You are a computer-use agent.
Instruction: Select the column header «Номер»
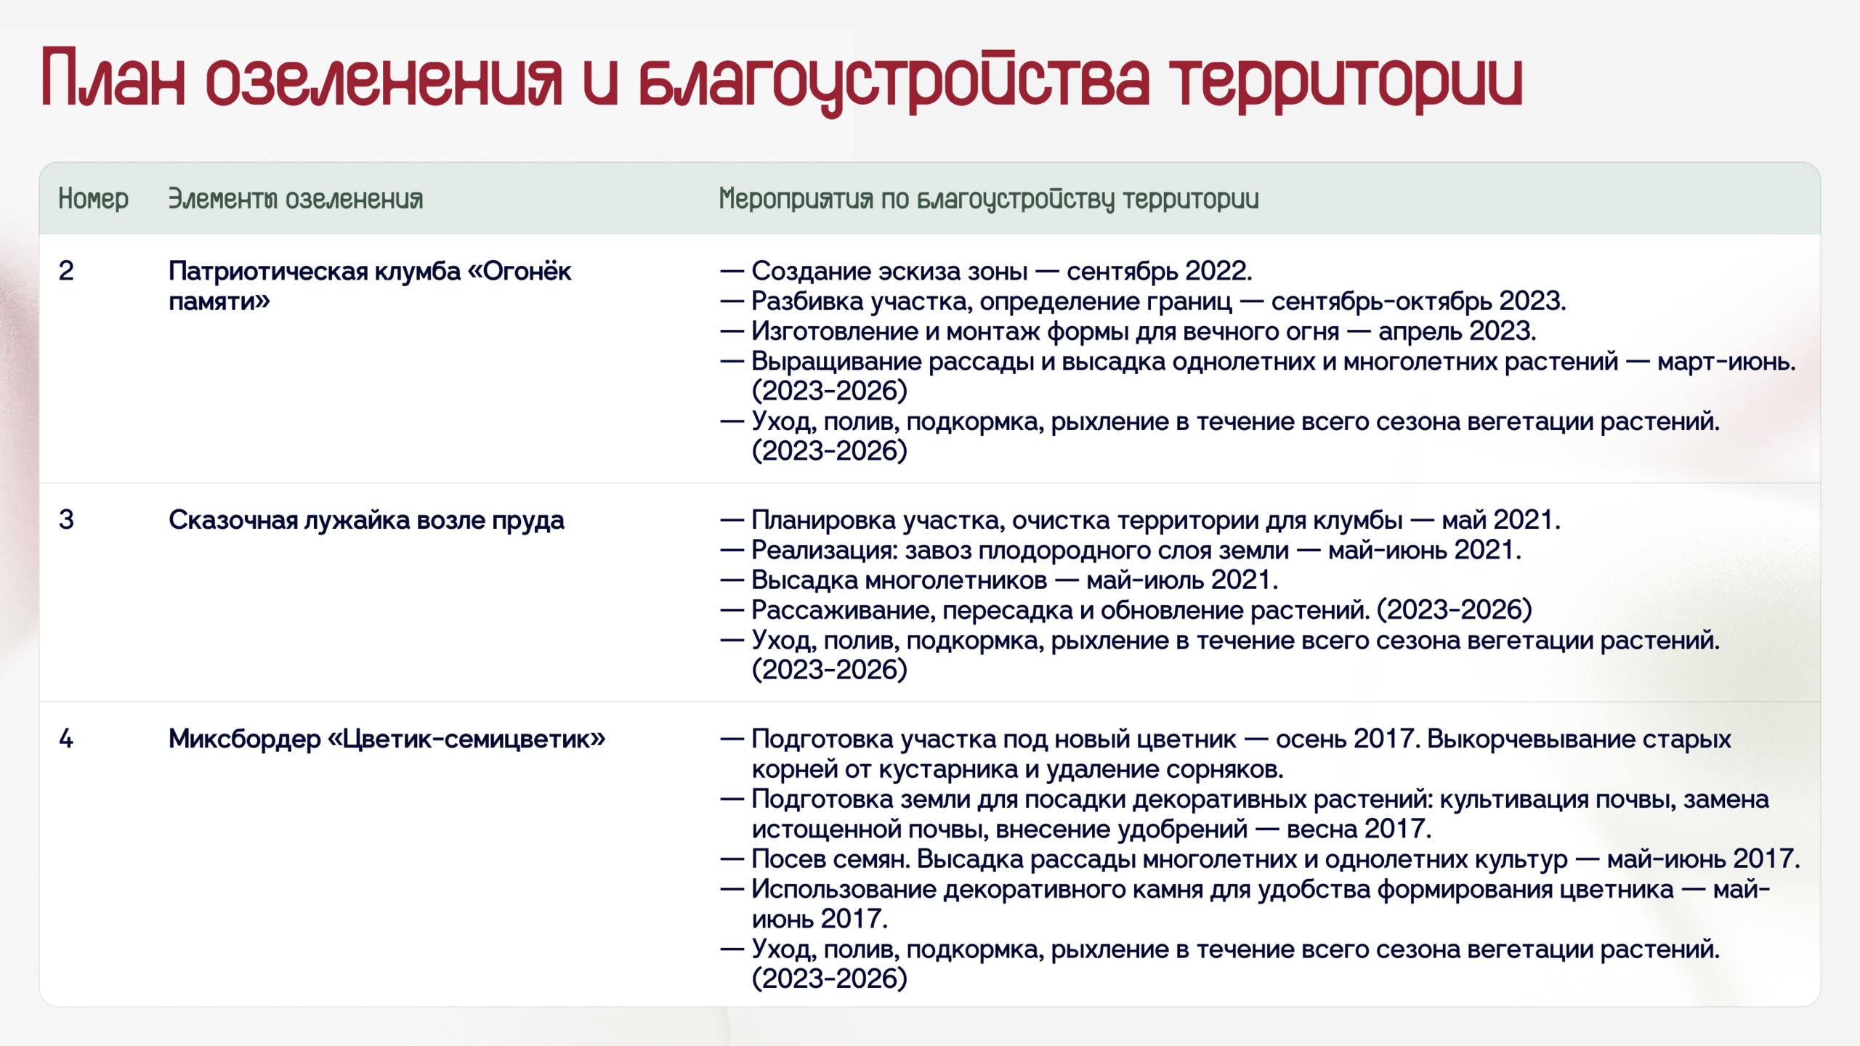pyautogui.click(x=93, y=198)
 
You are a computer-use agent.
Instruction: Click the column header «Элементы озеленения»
pyautogui.click(x=295, y=198)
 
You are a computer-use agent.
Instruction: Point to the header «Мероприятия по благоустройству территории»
pyautogui.click(x=988, y=199)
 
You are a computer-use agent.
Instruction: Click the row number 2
pyautogui.click(x=65, y=271)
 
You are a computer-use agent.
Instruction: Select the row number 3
pyautogui.click(x=65, y=520)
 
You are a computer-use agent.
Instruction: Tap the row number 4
pyautogui.click(x=65, y=739)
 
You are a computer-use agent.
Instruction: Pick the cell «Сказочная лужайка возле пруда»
pyautogui.click(x=366, y=520)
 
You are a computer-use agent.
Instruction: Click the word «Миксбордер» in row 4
pyautogui.click(x=245, y=739)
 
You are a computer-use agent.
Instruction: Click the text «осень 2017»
pyautogui.click(x=1344, y=739)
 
